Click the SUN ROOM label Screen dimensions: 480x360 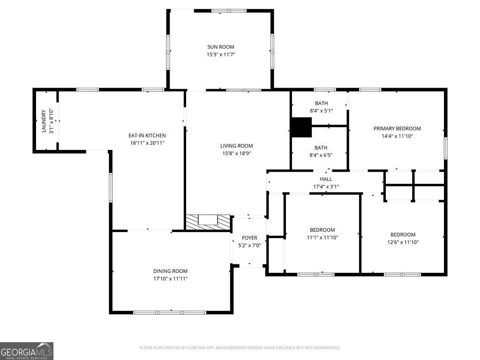221,47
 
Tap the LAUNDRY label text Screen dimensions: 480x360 44,121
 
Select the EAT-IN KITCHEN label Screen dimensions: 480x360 147,135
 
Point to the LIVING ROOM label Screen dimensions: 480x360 237,146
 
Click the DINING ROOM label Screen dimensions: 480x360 170,271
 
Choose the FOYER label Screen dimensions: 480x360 249,238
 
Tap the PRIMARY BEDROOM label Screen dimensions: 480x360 397,128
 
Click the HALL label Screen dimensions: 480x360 326,179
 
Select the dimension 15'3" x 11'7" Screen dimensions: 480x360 221,54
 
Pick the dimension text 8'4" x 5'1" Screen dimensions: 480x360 322,111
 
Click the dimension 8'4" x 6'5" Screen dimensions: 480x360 321,155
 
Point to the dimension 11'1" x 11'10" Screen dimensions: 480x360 322,238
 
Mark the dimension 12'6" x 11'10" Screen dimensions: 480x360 403,242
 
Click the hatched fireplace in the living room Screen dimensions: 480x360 208,222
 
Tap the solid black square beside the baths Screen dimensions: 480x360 301,127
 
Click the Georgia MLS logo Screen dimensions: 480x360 27,351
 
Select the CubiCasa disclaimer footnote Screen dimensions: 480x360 240,348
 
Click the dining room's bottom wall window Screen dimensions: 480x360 170,313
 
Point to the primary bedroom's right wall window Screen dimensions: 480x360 446,148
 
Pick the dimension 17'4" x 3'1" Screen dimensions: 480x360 326,187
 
